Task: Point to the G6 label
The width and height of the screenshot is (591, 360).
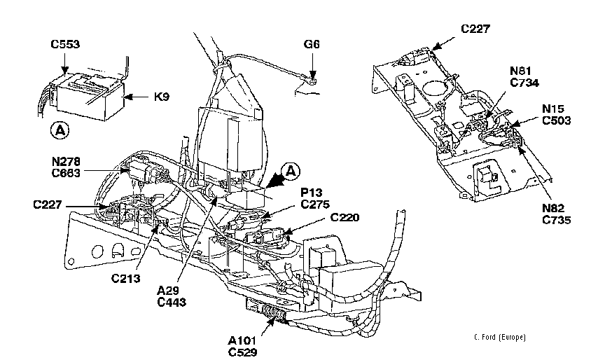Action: (312, 44)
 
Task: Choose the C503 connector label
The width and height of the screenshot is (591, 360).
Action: (557, 120)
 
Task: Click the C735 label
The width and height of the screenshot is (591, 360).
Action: (557, 219)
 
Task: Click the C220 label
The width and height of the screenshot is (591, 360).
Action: (346, 218)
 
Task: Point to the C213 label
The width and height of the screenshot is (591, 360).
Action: (126, 278)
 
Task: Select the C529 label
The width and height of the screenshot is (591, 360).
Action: (243, 352)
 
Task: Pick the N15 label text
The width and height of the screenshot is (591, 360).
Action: (556, 109)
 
